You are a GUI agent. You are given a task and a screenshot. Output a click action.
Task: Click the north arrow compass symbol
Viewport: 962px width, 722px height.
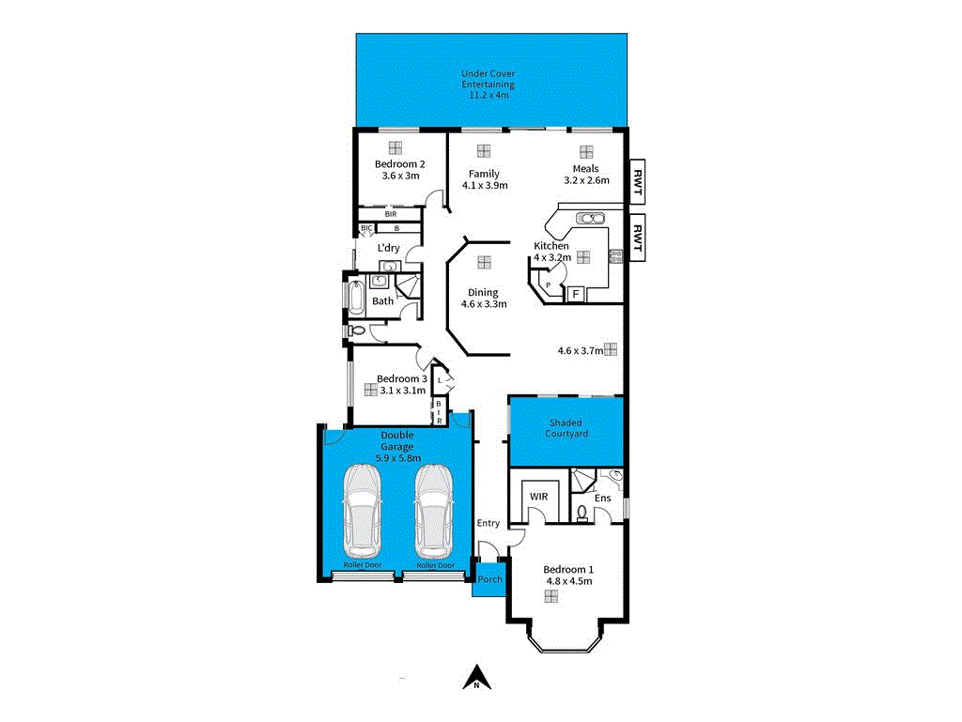[x=477, y=677]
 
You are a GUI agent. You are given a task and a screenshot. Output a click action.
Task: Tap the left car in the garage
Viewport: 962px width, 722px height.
[x=362, y=511]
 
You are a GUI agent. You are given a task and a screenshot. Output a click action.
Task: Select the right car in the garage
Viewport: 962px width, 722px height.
[x=433, y=511]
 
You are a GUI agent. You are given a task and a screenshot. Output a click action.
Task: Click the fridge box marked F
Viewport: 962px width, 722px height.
[x=574, y=295]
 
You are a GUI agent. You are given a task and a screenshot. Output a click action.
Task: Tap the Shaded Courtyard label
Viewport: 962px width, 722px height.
[x=566, y=428]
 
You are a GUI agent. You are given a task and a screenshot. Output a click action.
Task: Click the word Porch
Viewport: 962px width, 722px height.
[x=489, y=579]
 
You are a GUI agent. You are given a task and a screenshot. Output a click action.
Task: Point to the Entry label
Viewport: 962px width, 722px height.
[x=489, y=523]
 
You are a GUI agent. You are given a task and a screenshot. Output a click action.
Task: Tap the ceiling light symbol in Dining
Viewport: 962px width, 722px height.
[x=484, y=262]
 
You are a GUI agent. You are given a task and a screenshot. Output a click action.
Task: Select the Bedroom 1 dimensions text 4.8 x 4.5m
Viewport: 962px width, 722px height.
[x=569, y=580]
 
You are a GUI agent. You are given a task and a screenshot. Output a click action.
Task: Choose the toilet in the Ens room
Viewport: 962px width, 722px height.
[x=582, y=513]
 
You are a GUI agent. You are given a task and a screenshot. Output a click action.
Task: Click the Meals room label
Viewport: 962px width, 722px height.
[x=586, y=169]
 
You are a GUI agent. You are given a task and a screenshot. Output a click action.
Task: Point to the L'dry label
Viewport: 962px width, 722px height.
[x=388, y=248]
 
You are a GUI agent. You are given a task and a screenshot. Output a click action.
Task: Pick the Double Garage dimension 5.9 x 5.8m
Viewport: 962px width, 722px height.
[x=397, y=457]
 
